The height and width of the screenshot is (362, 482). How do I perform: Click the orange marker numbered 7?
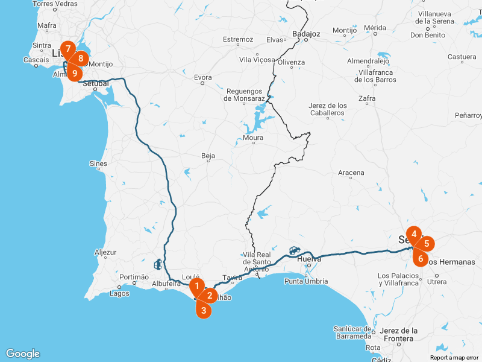coord(68,48)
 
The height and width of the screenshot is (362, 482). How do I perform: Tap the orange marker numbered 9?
coord(74,73)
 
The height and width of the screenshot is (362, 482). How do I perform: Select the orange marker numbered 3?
coord(204,310)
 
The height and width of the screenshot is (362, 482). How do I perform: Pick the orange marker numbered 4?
coord(413,233)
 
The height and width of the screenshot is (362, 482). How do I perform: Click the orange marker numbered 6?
coord(421,258)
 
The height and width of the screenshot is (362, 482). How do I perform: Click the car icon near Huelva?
coord(294,250)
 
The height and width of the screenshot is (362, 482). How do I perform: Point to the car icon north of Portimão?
coord(158,264)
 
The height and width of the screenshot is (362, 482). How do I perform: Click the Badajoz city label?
coord(305,34)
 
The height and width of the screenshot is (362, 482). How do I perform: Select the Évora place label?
coord(203,77)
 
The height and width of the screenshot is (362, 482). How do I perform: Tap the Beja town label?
coord(208,156)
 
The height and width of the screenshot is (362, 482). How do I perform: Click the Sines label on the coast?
coord(98,164)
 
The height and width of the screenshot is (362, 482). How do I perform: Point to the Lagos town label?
coord(119,294)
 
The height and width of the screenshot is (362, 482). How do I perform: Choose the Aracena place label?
coord(351,173)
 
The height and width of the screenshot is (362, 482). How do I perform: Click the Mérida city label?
coord(375,28)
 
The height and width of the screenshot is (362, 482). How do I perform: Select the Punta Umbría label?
coord(306,281)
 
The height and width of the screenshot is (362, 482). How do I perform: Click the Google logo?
coord(22,354)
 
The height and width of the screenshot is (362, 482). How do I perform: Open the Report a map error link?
coord(454,358)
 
